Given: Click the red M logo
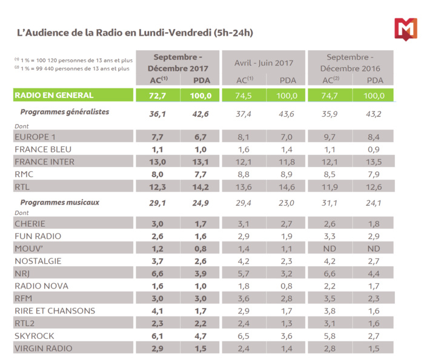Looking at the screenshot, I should point(405,29).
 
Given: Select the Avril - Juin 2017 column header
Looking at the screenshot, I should point(265,62).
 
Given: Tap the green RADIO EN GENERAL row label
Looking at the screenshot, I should point(54,95).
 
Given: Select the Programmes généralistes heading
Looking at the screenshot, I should point(65,112).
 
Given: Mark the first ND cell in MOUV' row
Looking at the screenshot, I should point(330,248).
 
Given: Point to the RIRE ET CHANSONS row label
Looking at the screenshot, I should point(55,311).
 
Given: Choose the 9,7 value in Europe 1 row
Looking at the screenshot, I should point(330,137).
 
